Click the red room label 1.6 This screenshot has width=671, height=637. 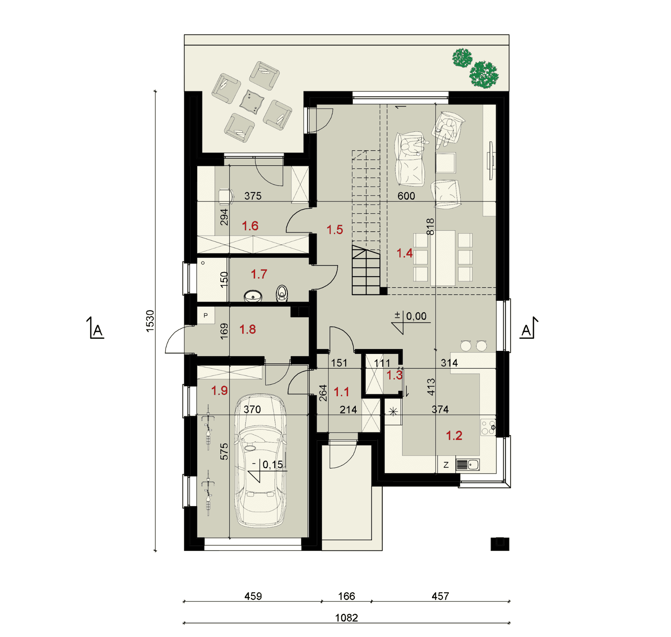250,226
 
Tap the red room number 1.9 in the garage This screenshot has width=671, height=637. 219,390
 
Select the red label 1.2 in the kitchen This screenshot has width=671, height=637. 454,435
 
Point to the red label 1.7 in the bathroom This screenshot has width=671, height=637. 259,274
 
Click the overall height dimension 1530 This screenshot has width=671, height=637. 150,321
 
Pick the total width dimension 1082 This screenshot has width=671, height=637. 346,618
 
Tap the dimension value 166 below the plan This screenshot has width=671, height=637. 346,596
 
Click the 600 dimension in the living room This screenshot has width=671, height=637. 406,196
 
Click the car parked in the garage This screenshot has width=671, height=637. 260,461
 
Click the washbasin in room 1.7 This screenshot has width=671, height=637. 253,296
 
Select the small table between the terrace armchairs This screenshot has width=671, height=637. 252,102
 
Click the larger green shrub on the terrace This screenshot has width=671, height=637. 484,75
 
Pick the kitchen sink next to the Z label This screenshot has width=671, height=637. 468,465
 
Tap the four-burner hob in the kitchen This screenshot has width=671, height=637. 488,427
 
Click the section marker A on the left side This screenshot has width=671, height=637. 96,328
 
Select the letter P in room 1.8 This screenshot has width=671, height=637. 205,315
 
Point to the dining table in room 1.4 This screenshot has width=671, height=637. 443,258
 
